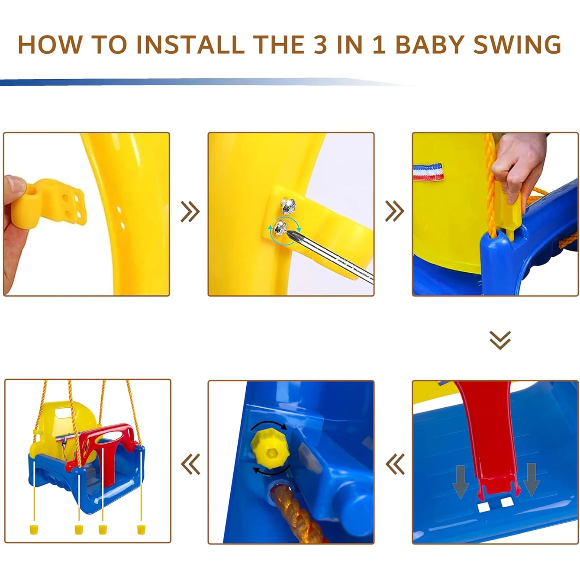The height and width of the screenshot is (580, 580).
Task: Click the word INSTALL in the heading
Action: pos(190,45)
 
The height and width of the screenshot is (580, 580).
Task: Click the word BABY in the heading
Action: pos(429,45)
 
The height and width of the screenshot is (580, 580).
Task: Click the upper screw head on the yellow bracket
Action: pos(288,206)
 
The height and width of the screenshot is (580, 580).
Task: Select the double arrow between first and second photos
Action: pos(190,212)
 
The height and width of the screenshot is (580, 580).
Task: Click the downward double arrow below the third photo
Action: pos(500,340)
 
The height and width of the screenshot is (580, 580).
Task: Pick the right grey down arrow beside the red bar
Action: pos(532,481)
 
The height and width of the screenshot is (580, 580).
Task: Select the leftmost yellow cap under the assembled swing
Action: pos(33,529)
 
